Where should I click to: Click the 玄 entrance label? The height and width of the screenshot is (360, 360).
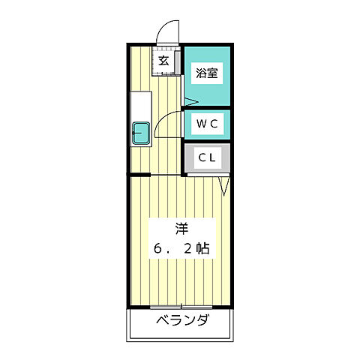point(163,61)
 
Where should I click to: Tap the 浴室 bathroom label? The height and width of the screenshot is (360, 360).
point(206,73)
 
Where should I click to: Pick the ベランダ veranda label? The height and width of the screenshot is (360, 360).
point(182,321)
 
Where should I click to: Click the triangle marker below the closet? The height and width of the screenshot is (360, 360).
point(223,185)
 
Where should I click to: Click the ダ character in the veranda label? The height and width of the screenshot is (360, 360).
point(202,321)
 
